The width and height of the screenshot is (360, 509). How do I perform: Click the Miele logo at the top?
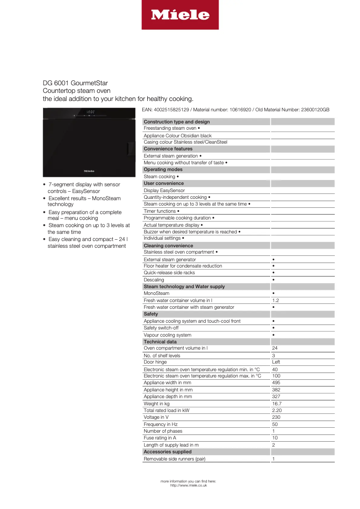(x=180, y=15)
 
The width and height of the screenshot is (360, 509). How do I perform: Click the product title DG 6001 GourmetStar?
(x=75, y=83)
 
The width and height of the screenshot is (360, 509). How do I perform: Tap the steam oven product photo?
(x=89, y=142)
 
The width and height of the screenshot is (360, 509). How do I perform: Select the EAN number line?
(x=235, y=110)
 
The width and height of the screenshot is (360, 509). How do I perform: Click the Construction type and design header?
(x=176, y=122)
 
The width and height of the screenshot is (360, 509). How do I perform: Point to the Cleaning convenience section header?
(x=168, y=246)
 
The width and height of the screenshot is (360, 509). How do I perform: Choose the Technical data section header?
(x=160, y=342)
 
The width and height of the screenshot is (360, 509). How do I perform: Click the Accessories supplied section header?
(x=167, y=452)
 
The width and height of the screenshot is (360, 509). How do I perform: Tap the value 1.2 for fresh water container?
(x=276, y=300)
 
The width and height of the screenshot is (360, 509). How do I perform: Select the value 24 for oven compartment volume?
(x=275, y=348)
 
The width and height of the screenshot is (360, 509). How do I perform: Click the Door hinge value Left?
(x=276, y=362)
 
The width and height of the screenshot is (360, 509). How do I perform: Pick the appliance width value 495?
(x=276, y=382)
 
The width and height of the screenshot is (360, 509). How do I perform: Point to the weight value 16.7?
(x=277, y=404)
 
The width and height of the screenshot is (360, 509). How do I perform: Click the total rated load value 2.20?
(x=277, y=410)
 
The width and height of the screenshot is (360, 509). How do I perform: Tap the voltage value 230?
(x=276, y=417)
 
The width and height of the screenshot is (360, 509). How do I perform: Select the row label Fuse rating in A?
(x=160, y=438)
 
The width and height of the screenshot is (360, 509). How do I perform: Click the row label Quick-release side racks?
(x=169, y=272)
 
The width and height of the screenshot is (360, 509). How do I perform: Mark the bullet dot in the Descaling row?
(x=273, y=280)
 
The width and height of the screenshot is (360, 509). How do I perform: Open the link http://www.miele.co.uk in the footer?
(x=189, y=485)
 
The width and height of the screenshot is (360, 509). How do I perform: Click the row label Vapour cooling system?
(x=167, y=335)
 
